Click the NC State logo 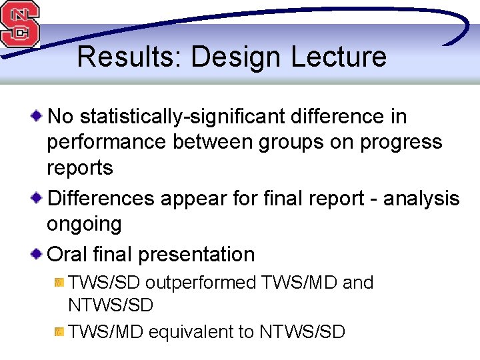point(20,23)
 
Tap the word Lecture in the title point(338,57)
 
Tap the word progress point(393,142)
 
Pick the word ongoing point(84,224)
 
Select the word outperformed point(201,283)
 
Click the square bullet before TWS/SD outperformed point(59,283)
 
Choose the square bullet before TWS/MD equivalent point(59,331)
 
